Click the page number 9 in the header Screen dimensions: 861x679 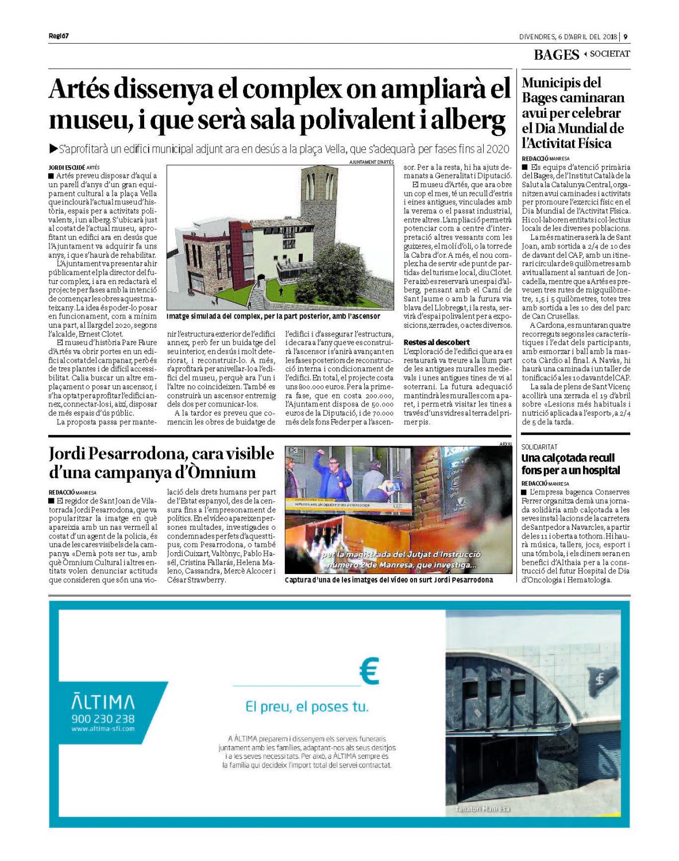pyautogui.click(x=626, y=37)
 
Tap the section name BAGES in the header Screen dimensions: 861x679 pyautogui.click(x=556, y=55)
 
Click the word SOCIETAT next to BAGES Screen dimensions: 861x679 pyautogui.click(x=609, y=54)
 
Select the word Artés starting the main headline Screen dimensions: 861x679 pyautogui.click(x=78, y=90)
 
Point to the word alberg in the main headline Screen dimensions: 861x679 pyautogui.click(x=468, y=121)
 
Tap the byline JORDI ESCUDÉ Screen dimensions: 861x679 pyautogui.click(x=66, y=167)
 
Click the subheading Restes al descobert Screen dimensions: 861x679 pyautogui.click(x=436, y=342)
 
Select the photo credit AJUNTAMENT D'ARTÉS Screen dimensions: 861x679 pyautogui.click(x=371, y=162)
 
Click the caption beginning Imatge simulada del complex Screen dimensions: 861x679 pyautogui.click(x=273, y=316)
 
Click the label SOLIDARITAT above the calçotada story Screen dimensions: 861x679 pyautogui.click(x=539, y=447)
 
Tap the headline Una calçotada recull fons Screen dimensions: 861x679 pyautogui.click(x=570, y=464)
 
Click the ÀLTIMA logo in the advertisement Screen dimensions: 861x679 pyautogui.click(x=103, y=701)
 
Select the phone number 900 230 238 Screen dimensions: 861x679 pyautogui.click(x=103, y=719)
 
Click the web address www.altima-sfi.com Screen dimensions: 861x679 pyautogui.click(x=103, y=729)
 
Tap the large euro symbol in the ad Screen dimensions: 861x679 pyautogui.click(x=369, y=672)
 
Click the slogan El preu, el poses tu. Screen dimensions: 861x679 pyautogui.click(x=307, y=707)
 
